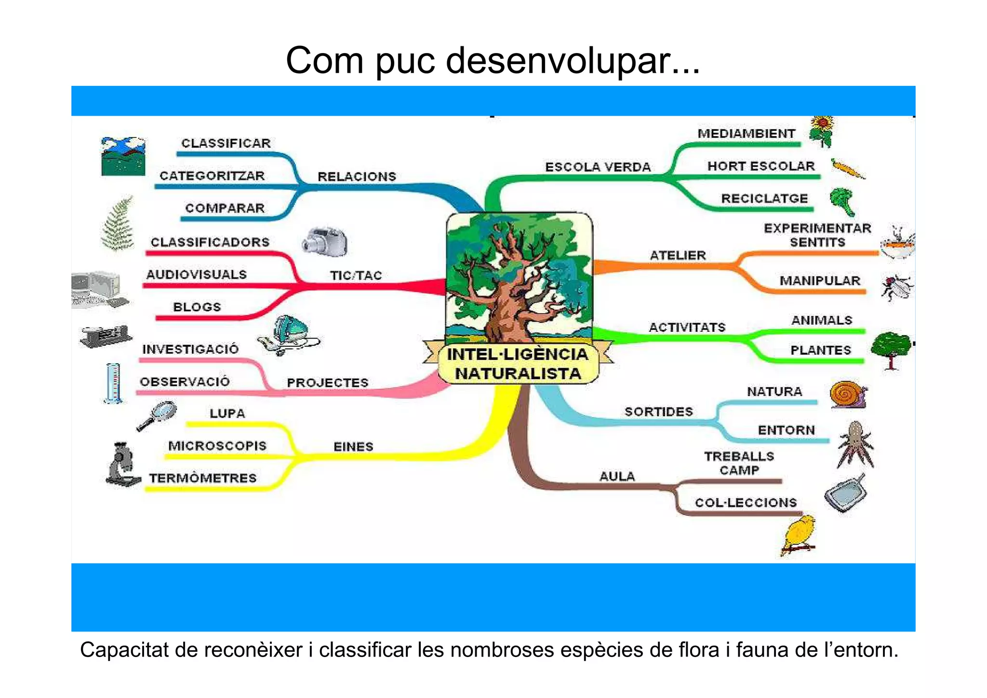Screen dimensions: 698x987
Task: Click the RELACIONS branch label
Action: click(357, 177)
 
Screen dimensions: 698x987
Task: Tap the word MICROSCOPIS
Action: click(217, 446)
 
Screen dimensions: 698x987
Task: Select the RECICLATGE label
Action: click(764, 198)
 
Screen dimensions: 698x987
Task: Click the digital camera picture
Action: click(325, 241)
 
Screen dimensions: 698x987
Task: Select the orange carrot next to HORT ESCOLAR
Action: click(847, 169)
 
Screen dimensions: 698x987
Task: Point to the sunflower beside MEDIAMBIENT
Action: click(822, 131)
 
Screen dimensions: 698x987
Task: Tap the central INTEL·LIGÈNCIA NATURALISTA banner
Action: click(518, 364)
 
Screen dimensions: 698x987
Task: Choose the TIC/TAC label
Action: click(356, 275)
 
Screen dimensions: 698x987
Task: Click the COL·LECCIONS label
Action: click(746, 503)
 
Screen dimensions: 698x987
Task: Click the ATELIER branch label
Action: click(678, 255)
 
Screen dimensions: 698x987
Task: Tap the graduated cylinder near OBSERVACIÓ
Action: click(114, 383)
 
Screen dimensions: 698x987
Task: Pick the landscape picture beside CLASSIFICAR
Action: click(123, 156)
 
